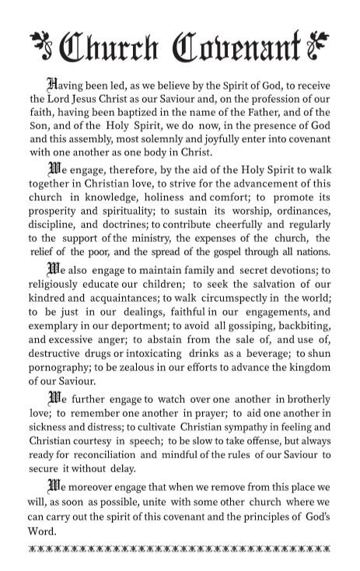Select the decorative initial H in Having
coord(53,84)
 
